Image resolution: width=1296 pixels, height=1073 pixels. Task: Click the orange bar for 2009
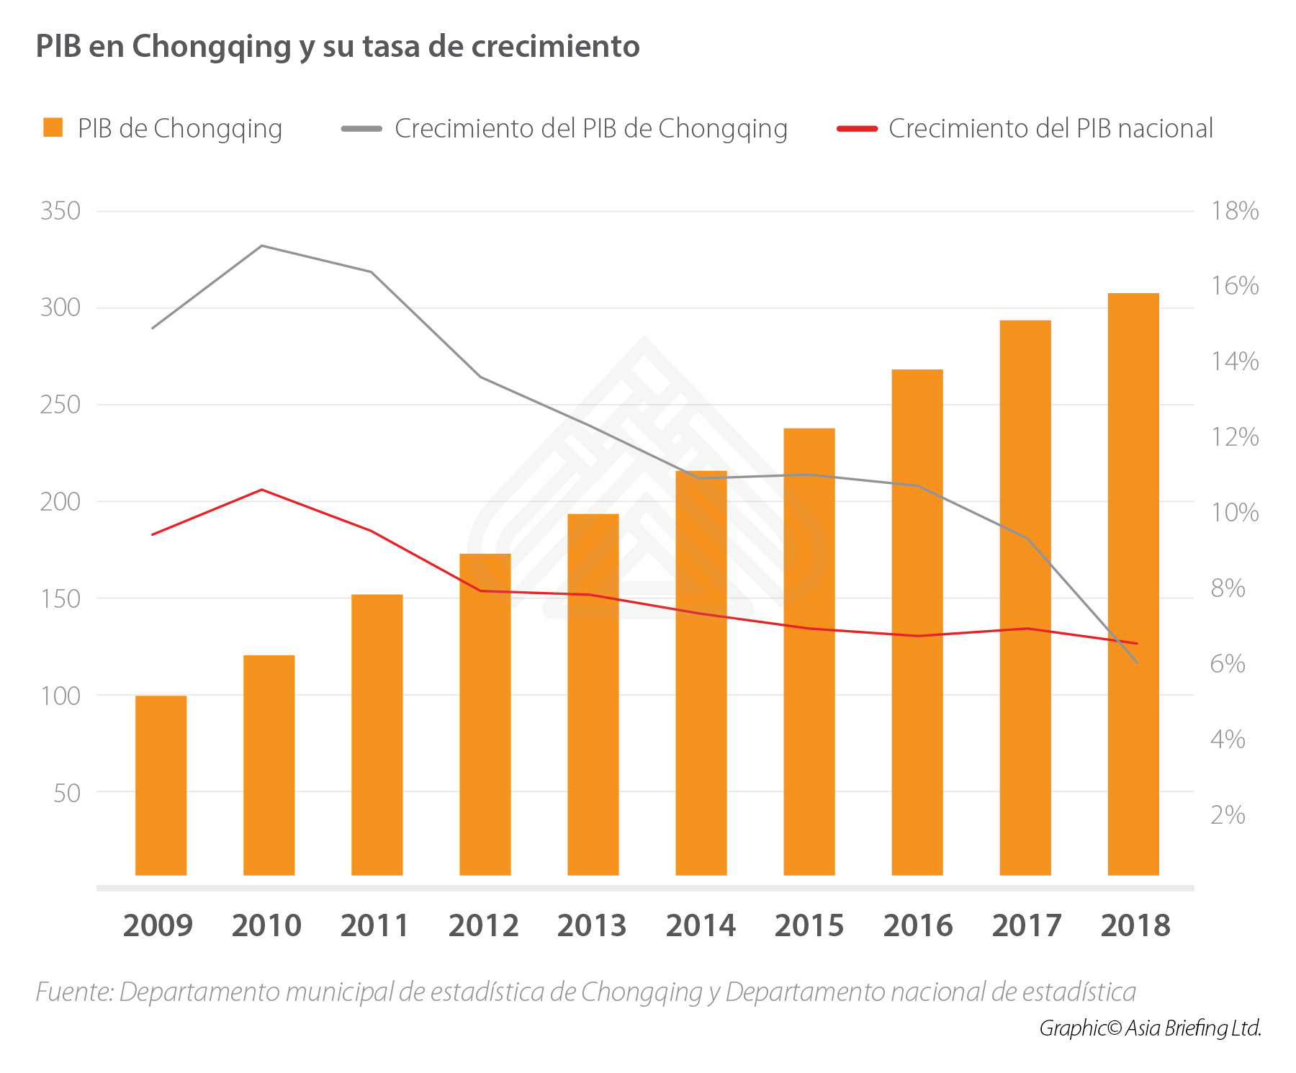(x=161, y=785)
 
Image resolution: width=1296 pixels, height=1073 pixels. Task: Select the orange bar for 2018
(x=1133, y=583)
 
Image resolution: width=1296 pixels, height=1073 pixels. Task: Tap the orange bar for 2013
(x=593, y=694)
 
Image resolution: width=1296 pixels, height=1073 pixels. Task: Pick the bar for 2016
(x=917, y=622)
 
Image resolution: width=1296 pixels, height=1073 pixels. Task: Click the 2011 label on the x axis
(x=374, y=925)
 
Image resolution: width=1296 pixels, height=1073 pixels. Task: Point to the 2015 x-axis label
(x=809, y=925)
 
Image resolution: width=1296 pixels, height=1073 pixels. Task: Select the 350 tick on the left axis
(x=60, y=211)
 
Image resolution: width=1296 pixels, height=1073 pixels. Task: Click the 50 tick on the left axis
(x=66, y=793)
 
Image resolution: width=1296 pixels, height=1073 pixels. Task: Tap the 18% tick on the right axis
(x=1235, y=211)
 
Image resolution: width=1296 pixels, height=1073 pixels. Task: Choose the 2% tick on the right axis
(x=1228, y=814)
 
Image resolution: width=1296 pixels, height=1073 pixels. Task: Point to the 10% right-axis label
(x=1235, y=513)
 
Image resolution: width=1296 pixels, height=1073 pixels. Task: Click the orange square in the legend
(x=53, y=128)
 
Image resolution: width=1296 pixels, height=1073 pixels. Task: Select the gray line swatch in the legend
(x=361, y=129)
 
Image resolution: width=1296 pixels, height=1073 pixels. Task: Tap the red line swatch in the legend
(x=857, y=129)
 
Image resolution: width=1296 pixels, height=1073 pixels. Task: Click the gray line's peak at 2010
(x=262, y=246)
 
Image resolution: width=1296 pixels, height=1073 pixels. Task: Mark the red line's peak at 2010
(x=262, y=490)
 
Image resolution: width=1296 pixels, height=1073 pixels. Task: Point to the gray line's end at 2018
(x=1137, y=662)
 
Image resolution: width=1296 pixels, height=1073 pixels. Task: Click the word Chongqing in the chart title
(x=211, y=47)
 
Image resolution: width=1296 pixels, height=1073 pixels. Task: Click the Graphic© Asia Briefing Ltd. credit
(x=1150, y=1028)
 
